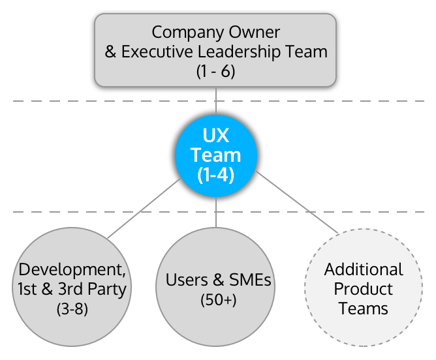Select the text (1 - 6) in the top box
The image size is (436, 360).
pos(215,71)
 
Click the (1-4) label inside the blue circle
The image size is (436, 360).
pos(216,175)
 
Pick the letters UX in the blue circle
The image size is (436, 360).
pos(216,136)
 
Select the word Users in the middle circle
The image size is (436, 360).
pos(186,280)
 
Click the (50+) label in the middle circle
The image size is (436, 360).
pos(218,300)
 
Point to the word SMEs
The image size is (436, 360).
pos(249,280)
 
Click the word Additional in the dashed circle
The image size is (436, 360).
pos(364,269)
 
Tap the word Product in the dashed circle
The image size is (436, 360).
pos(364,288)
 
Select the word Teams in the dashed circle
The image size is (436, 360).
pos(364,308)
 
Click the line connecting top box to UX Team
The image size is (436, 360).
pos(216,102)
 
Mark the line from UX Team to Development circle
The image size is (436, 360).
pos(144,208)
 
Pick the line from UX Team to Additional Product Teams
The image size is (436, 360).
pos(297,202)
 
